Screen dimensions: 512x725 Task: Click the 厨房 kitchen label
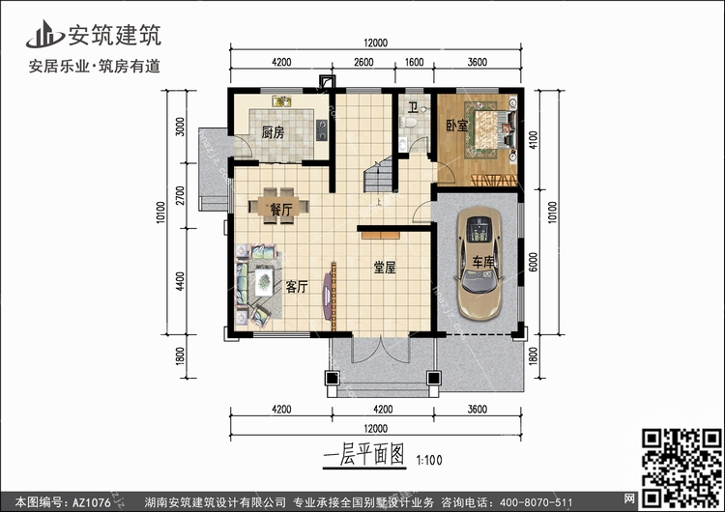tap(273, 133)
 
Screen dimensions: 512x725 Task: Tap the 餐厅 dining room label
tap(281, 208)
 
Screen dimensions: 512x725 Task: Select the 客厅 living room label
tap(297, 286)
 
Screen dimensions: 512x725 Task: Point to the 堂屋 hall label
tap(385, 270)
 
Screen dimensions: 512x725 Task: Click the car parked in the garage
tap(478, 262)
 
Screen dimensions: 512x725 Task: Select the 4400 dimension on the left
tap(181, 284)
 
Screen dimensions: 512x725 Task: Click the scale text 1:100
tap(428, 461)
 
